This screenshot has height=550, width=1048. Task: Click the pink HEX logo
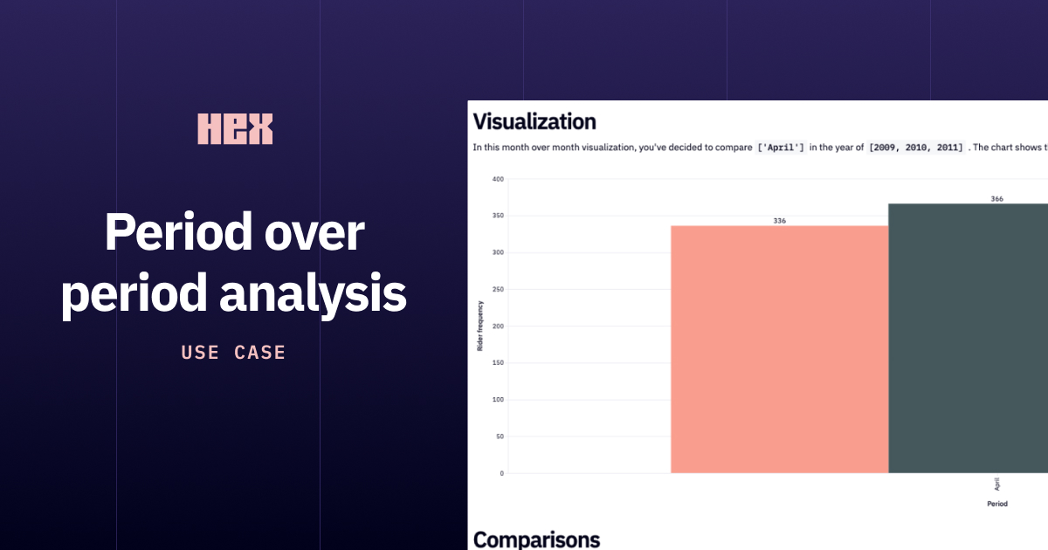click(x=235, y=128)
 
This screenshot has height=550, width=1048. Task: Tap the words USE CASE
click(x=234, y=353)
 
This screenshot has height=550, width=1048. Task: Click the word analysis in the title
click(x=313, y=294)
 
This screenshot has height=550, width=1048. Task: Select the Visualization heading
click(x=534, y=121)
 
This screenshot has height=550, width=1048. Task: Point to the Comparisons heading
click(x=536, y=540)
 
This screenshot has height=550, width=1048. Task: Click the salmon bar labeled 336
click(x=779, y=349)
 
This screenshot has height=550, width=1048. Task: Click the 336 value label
click(x=779, y=221)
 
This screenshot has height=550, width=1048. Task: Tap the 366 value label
click(x=996, y=199)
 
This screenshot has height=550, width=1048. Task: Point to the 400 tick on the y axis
click(x=498, y=179)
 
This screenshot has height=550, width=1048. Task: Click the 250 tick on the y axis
click(x=498, y=290)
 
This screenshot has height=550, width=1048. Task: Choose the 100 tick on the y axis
click(x=498, y=400)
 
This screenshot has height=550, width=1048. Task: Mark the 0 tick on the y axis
click(x=500, y=473)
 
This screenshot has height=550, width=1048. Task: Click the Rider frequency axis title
click(x=480, y=327)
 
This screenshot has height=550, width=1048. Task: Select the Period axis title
click(x=996, y=504)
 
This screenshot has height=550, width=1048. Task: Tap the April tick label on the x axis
click(x=997, y=484)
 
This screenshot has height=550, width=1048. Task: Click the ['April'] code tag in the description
click(x=781, y=148)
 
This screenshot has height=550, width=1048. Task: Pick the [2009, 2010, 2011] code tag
click(x=915, y=148)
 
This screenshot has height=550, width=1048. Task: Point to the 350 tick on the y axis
click(x=498, y=216)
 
